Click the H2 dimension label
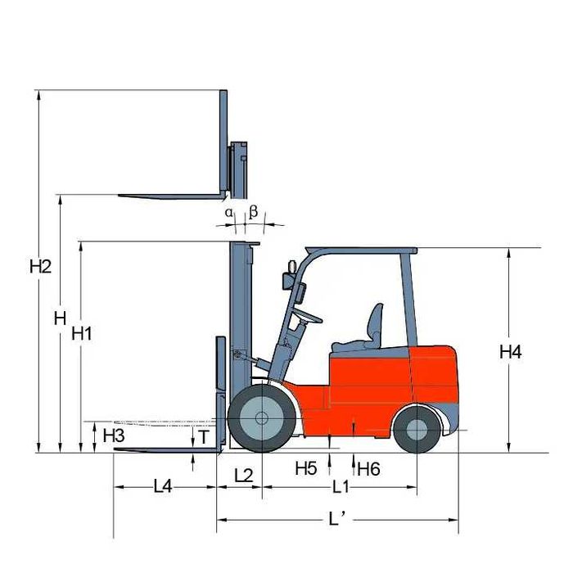(41, 266)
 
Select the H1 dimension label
(82, 333)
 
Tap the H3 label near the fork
(114, 435)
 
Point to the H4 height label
(511, 352)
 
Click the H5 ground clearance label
(306, 468)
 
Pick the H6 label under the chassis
(368, 469)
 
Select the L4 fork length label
(163, 486)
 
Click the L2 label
(243, 476)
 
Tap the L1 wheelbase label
(341, 487)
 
